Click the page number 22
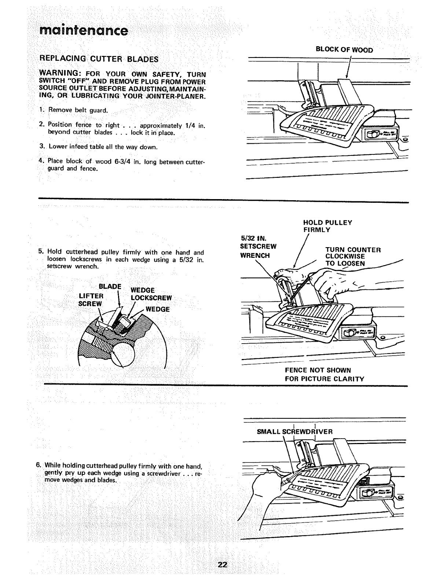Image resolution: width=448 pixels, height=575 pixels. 223,564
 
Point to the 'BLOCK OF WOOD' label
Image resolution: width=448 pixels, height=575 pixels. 344,50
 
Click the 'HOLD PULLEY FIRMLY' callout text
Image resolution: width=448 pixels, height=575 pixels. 327,226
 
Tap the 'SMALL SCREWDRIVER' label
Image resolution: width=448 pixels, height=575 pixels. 295,432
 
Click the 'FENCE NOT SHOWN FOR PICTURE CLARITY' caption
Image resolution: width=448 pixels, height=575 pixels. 324,374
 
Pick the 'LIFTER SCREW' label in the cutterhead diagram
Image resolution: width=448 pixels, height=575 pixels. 91,300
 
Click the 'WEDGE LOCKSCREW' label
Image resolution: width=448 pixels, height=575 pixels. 151,294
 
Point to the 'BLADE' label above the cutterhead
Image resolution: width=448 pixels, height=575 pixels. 110,286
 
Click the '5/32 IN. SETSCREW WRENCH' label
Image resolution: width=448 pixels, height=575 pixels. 258,246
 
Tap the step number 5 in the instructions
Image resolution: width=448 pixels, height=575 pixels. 40,252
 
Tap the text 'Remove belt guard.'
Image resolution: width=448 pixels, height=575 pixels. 78,110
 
